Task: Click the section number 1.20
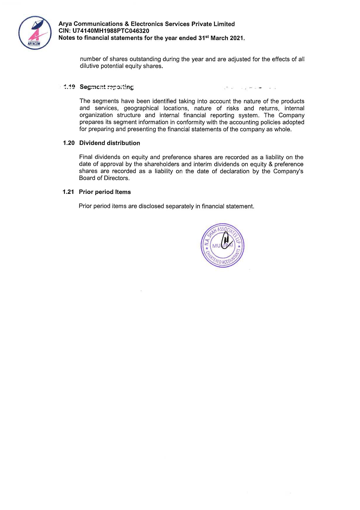click(69, 143)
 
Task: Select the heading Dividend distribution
click(110, 143)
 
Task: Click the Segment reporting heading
click(107, 87)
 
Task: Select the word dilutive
click(89, 66)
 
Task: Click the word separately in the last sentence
click(179, 206)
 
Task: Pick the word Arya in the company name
click(65, 24)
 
